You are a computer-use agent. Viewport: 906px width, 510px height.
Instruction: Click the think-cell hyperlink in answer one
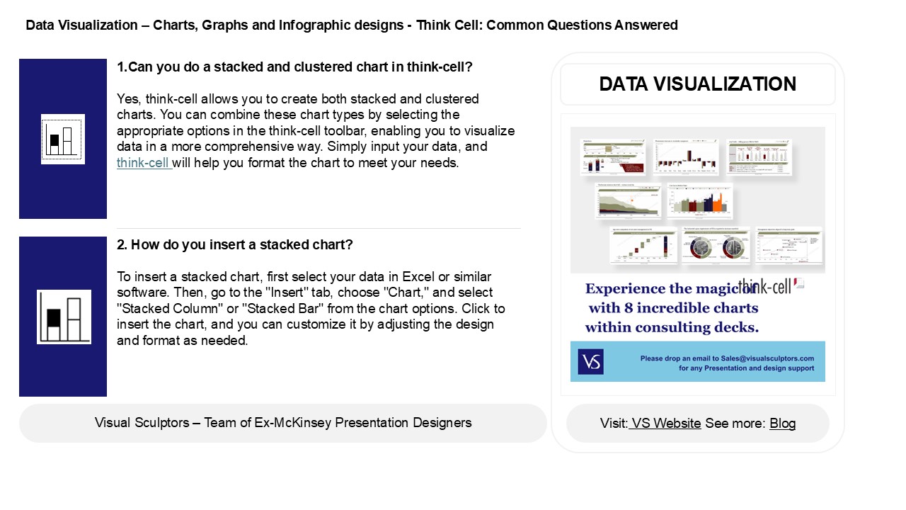144,162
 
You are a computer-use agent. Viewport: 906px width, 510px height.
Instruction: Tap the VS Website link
666,423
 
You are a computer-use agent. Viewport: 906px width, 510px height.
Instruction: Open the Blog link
782,423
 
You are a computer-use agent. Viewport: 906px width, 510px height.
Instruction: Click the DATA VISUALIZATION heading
697,84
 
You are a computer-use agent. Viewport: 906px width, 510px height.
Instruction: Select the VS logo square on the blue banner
590,361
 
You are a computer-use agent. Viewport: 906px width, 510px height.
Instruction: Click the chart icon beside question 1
63,139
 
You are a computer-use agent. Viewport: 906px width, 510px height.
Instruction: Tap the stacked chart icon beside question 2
64,317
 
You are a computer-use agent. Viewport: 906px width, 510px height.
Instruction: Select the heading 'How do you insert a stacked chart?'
241,245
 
